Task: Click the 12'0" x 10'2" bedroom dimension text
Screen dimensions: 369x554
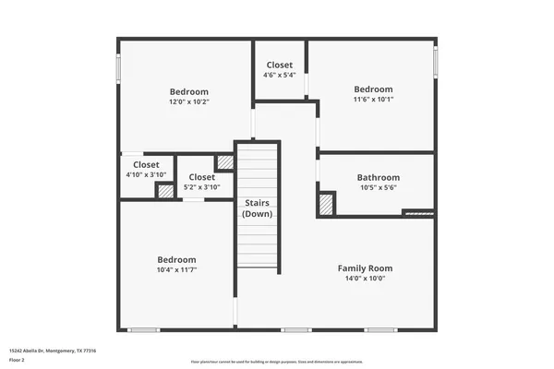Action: pos(188,102)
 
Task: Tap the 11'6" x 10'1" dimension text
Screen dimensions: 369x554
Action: pos(373,100)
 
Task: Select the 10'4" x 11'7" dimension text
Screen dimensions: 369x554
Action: pos(175,271)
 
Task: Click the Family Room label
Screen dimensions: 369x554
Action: pos(366,267)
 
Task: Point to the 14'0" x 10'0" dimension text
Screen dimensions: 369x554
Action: pos(366,278)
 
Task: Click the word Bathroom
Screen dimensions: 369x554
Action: pos(379,177)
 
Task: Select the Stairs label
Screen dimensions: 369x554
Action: pos(257,203)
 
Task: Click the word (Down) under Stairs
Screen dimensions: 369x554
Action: pos(257,214)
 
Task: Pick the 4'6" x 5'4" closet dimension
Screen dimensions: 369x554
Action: pos(280,76)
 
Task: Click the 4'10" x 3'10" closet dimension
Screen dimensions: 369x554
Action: pos(145,175)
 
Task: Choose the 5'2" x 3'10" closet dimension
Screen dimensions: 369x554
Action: pos(201,187)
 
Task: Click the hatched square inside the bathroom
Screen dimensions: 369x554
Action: pos(326,204)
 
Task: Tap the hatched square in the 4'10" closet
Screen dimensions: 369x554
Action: pos(164,192)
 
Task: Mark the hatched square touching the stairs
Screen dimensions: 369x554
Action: pos(224,162)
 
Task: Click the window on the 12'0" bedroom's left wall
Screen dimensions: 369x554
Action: pos(118,69)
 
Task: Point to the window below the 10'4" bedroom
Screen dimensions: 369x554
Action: pos(143,330)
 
